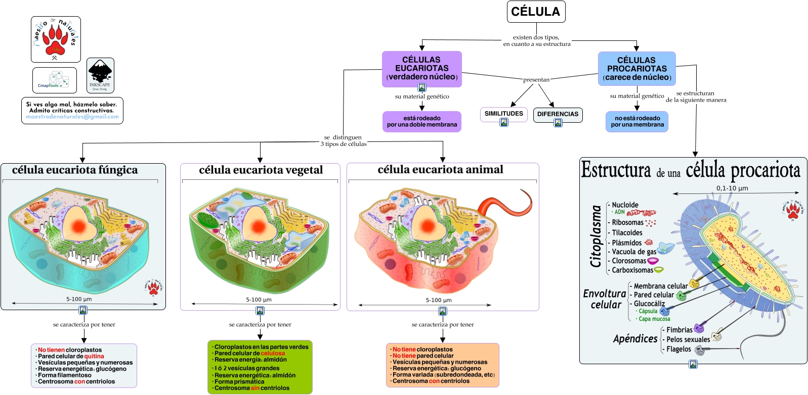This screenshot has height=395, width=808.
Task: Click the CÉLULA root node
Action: tap(536, 12)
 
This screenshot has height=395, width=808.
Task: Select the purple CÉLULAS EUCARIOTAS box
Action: tap(421, 68)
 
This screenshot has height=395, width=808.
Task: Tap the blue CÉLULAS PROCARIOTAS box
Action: tap(636, 68)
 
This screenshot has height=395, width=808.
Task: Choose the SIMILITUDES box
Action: tap(503, 114)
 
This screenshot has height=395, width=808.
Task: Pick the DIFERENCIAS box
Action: tap(558, 114)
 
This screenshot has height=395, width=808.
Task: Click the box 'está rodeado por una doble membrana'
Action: tap(421, 121)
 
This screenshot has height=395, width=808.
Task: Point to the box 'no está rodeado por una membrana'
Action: tap(637, 121)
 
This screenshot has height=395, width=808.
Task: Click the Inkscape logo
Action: tap(100, 75)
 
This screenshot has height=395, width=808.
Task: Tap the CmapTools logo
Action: tap(54, 80)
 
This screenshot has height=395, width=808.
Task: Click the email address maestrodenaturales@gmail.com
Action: tap(72, 117)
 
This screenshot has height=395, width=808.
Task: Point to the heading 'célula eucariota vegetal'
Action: tap(261, 170)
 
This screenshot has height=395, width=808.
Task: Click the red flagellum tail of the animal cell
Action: tap(506, 202)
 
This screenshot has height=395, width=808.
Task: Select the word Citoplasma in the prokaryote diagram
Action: tap(596, 236)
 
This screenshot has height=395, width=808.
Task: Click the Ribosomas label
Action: tap(627, 222)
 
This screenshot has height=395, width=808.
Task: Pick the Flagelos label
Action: tap(678, 349)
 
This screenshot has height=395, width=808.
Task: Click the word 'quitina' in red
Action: tap(94, 356)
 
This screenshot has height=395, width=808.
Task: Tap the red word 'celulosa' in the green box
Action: tap(273, 353)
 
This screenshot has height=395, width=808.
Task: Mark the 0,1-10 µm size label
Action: tap(732, 188)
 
